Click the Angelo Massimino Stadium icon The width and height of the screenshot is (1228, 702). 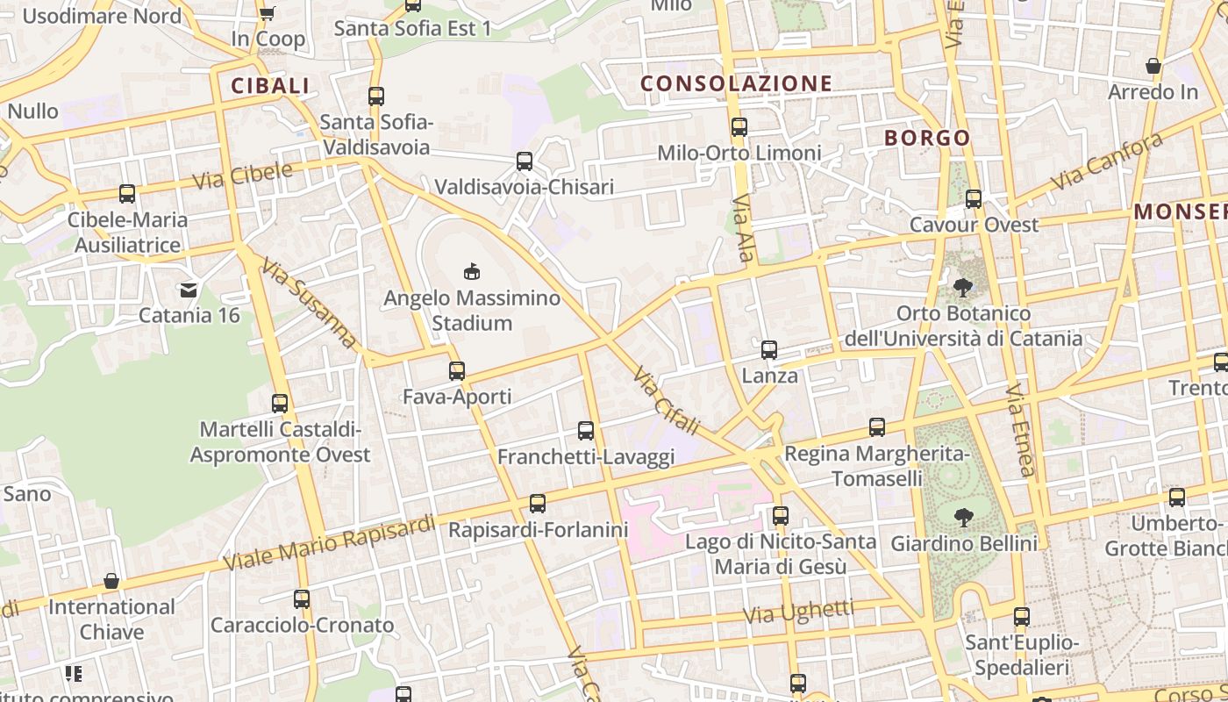click(472, 271)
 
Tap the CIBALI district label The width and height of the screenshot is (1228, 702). click(270, 85)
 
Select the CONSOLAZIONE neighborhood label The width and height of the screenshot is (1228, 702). click(736, 83)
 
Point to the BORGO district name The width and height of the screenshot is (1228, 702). click(927, 138)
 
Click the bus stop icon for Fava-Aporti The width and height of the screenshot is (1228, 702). click(457, 370)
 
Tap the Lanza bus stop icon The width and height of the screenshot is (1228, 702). click(769, 350)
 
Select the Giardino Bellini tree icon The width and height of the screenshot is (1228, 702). click(964, 518)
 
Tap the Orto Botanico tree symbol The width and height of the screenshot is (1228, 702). click(963, 287)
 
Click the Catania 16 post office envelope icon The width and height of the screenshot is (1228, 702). click(189, 289)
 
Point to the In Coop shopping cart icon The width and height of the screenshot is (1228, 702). click(268, 12)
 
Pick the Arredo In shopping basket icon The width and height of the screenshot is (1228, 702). click(1153, 66)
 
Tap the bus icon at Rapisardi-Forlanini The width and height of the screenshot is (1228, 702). click(538, 504)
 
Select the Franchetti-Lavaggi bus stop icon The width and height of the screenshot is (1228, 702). click(586, 431)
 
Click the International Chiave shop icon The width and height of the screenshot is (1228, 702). click(111, 581)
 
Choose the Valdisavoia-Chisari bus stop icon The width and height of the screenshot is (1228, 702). click(525, 161)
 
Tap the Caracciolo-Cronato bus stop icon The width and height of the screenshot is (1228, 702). click(302, 599)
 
